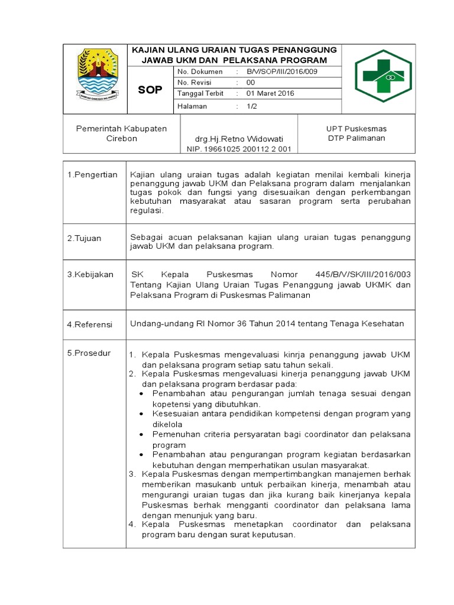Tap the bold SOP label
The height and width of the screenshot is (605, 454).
tap(150, 90)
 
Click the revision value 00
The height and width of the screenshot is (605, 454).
tap(251, 83)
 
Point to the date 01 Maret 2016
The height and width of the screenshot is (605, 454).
tap(270, 93)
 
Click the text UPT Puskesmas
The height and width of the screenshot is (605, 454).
tap(356, 128)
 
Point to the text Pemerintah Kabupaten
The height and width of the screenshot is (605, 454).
tap(121, 128)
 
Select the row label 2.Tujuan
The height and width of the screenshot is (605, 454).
tap(84, 238)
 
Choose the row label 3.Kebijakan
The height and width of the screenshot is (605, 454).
tap(90, 275)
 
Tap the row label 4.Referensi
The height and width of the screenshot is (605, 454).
tap(89, 324)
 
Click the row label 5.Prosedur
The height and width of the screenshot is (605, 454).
tap(89, 353)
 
